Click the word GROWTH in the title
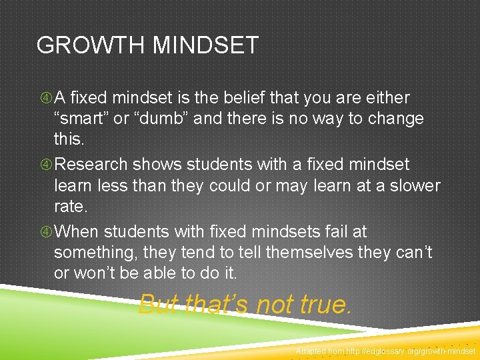tap(91, 45)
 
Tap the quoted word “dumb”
tap(147, 119)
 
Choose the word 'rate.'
tap(71, 207)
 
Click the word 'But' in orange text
tap(159, 304)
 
